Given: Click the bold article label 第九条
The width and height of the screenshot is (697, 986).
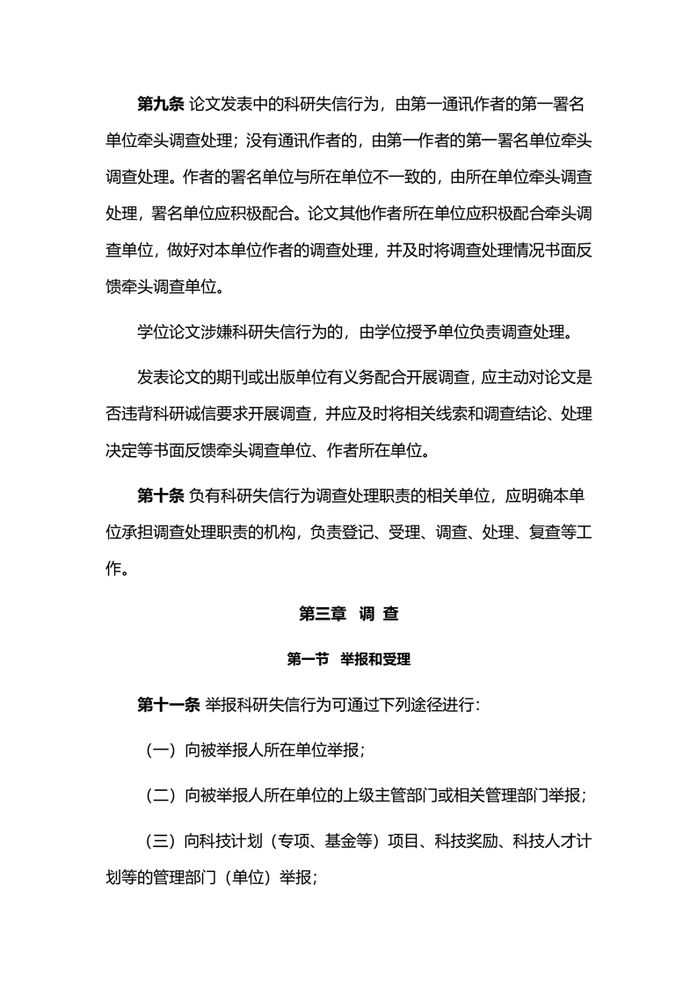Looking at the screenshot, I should tap(161, 105).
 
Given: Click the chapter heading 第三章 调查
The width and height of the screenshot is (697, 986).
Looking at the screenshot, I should tap(349, 614).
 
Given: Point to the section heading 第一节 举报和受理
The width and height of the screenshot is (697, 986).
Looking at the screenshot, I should tap(349, 659).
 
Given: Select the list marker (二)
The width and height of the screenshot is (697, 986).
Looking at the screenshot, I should tap(161, 795).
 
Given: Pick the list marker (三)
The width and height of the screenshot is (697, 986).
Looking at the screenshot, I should tap(161, 840).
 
